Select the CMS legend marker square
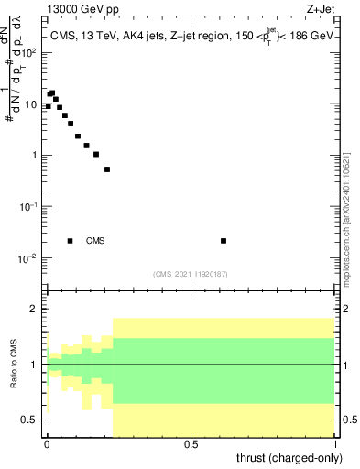point(71,241)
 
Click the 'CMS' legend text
point(95,241)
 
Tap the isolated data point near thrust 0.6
point(224,241)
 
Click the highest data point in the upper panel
point(52,93)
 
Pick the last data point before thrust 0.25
point(107,169)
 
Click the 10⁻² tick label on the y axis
point(29,258)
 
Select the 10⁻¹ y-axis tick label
point(29,207)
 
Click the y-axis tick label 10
point(32,104)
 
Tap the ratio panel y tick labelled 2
point(35,309)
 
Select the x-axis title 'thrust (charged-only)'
point(289,458)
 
